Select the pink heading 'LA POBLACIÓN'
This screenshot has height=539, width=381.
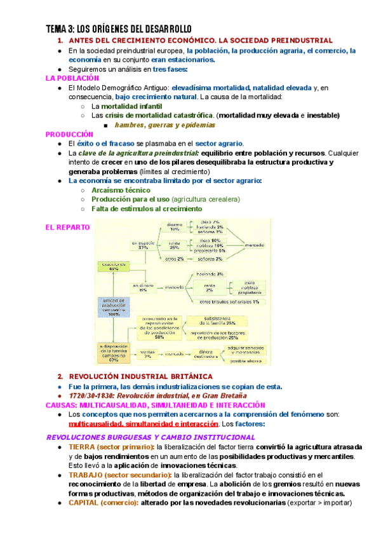click(72, 78)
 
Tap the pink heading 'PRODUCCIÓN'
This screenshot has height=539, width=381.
click(69, 134)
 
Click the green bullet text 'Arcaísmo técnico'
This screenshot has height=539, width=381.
click(121, 190)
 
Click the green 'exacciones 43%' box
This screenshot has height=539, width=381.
click(114, 266)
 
